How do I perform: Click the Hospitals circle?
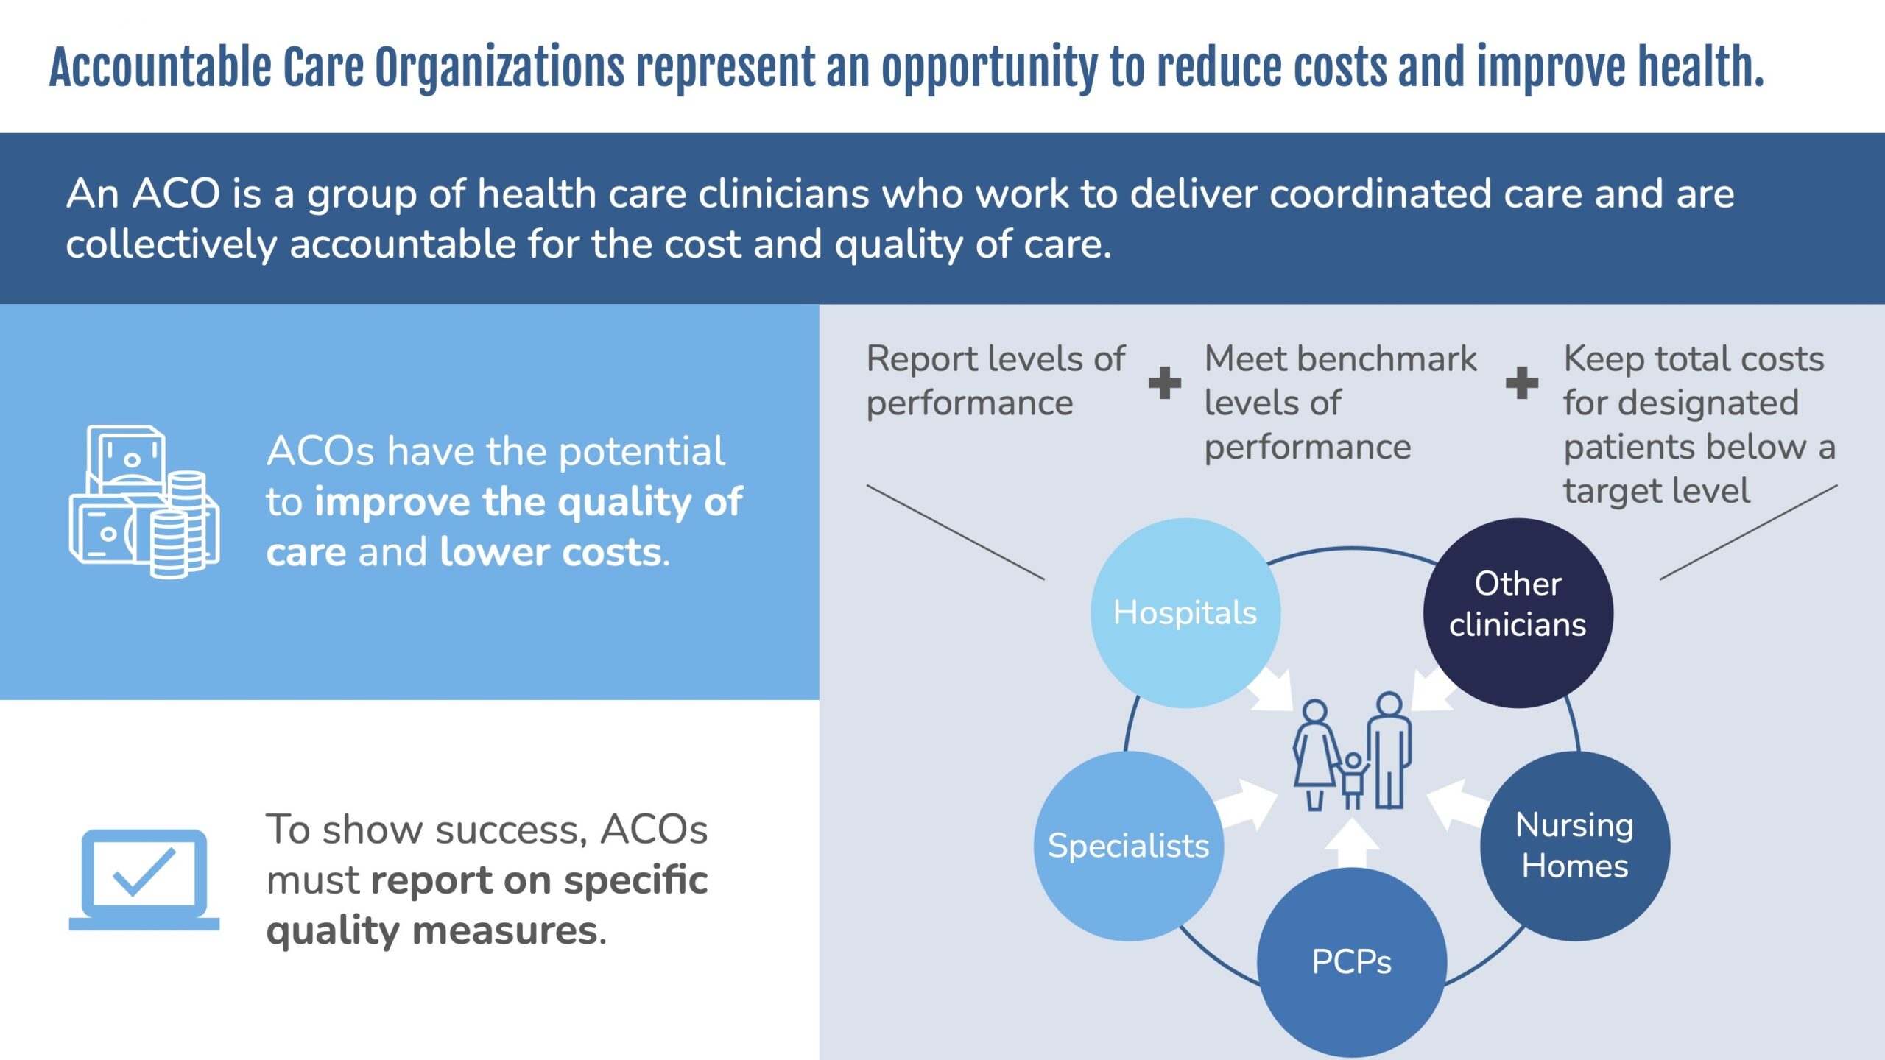point(1185,613)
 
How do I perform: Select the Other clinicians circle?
point(1518,613)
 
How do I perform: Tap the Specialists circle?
point(1129,846)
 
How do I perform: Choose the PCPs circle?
point(1352,962)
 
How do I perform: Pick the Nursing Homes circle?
point(1575,846)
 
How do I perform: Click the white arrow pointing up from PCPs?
point(1352,844)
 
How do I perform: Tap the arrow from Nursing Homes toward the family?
point(1455,805)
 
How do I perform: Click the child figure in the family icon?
point(1353,780)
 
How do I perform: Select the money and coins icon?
point(144,501)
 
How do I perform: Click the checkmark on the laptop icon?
point(144,872)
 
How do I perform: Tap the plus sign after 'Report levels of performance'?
point(1165,383)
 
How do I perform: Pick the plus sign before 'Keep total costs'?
point(1522,383)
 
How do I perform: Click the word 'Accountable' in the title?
point(161,68)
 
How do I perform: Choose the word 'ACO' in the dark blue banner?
point(176,194)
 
